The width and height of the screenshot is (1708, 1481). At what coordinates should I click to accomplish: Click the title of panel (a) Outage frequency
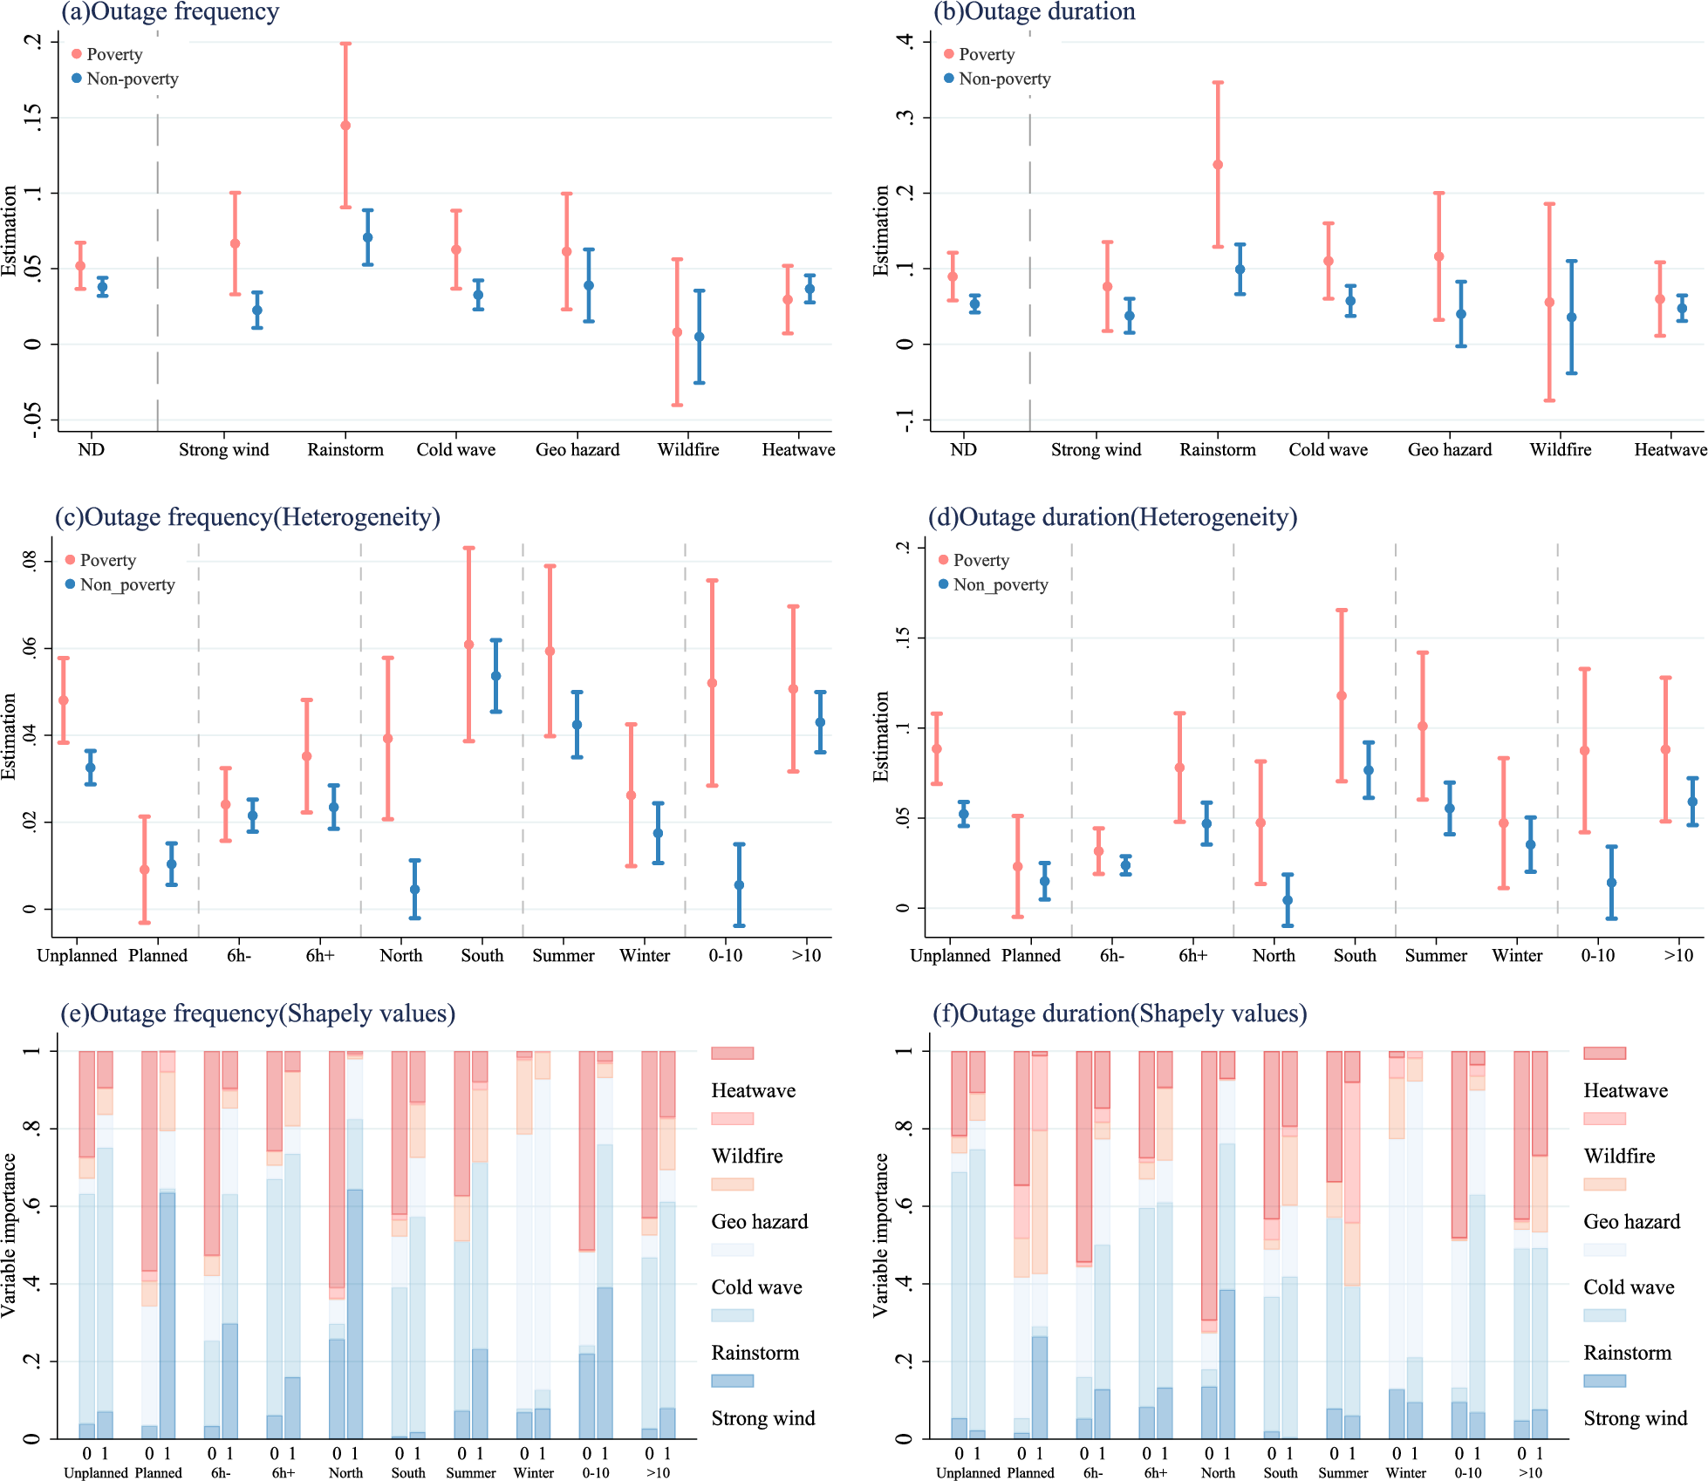pyautogui.click(x=170, y=12)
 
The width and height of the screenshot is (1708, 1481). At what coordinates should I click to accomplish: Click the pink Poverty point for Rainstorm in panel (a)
pyautogui.click(x=345, y=126)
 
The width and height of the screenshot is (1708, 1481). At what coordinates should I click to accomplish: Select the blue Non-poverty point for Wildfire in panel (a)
pyautogui.click(x=700, y=337)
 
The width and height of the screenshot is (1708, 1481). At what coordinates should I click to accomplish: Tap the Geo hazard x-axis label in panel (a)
pyautogui.click(x=577, y=450)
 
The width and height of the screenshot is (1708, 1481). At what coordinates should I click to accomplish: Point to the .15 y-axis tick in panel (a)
pyautogui.click(x=33, y=117)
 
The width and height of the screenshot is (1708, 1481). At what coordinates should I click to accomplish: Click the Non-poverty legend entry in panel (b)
pyautogui.click(x=1004, y=78)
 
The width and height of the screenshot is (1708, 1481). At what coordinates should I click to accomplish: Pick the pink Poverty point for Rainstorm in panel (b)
pyautogui.click(x=1218, y=165)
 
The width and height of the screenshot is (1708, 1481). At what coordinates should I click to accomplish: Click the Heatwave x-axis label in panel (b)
pyautogui.click(x=1670, y=450)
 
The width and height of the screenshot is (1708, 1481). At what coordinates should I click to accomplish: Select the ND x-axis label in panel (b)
pyautogui.click(x=963, y=450)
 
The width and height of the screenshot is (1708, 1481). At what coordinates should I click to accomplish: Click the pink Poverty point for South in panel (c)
pyautogui.click(x=469, y=645)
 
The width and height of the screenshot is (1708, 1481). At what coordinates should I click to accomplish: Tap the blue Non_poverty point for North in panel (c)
pyautogui.click(x=415, y=890)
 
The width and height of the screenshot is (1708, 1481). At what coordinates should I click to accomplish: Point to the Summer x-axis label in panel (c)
pyautogui.click(x=564, y=956)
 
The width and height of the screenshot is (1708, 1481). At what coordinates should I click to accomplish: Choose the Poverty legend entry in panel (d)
pyautogui.click(x=980, y=560)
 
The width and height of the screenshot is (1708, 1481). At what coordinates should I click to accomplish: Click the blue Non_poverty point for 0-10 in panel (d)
pyautogui.click(x=1612, y=883)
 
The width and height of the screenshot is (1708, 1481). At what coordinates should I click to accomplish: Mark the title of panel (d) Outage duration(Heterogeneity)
pyautogui.click(x=1112, y=517)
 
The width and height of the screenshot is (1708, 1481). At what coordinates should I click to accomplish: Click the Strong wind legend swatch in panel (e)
pyautogui.click(x=732, y=1381)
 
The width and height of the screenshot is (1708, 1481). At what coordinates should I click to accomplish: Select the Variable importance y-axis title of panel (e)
pyautogui.click(x=10, y=1234)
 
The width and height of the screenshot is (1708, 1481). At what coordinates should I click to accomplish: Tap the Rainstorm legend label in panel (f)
pyautogui.click(x=1627, y=1353)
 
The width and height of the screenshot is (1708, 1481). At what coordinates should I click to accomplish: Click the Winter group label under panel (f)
pyautogui.click(x=1406, y=1472)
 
